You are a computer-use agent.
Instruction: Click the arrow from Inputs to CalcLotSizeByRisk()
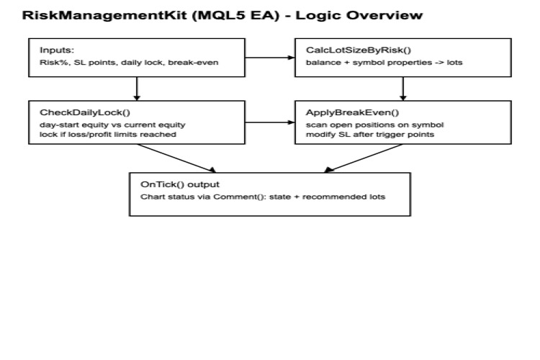pyautogui.click(x=266, y=58)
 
